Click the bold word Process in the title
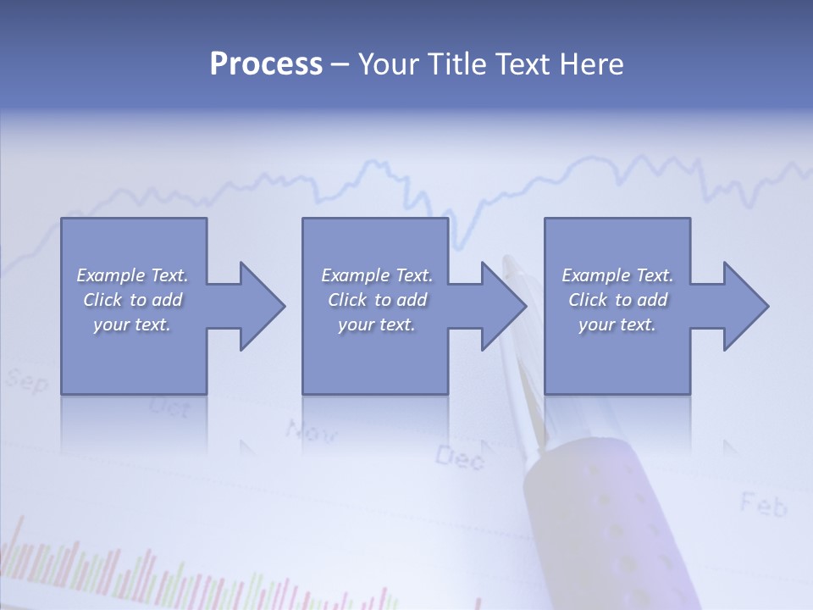point(266,64)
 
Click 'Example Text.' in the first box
point(132,275)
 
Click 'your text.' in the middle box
point(376,324)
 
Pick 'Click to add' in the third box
point(617,300)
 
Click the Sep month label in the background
point(27,381)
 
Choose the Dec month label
point(460,458)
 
